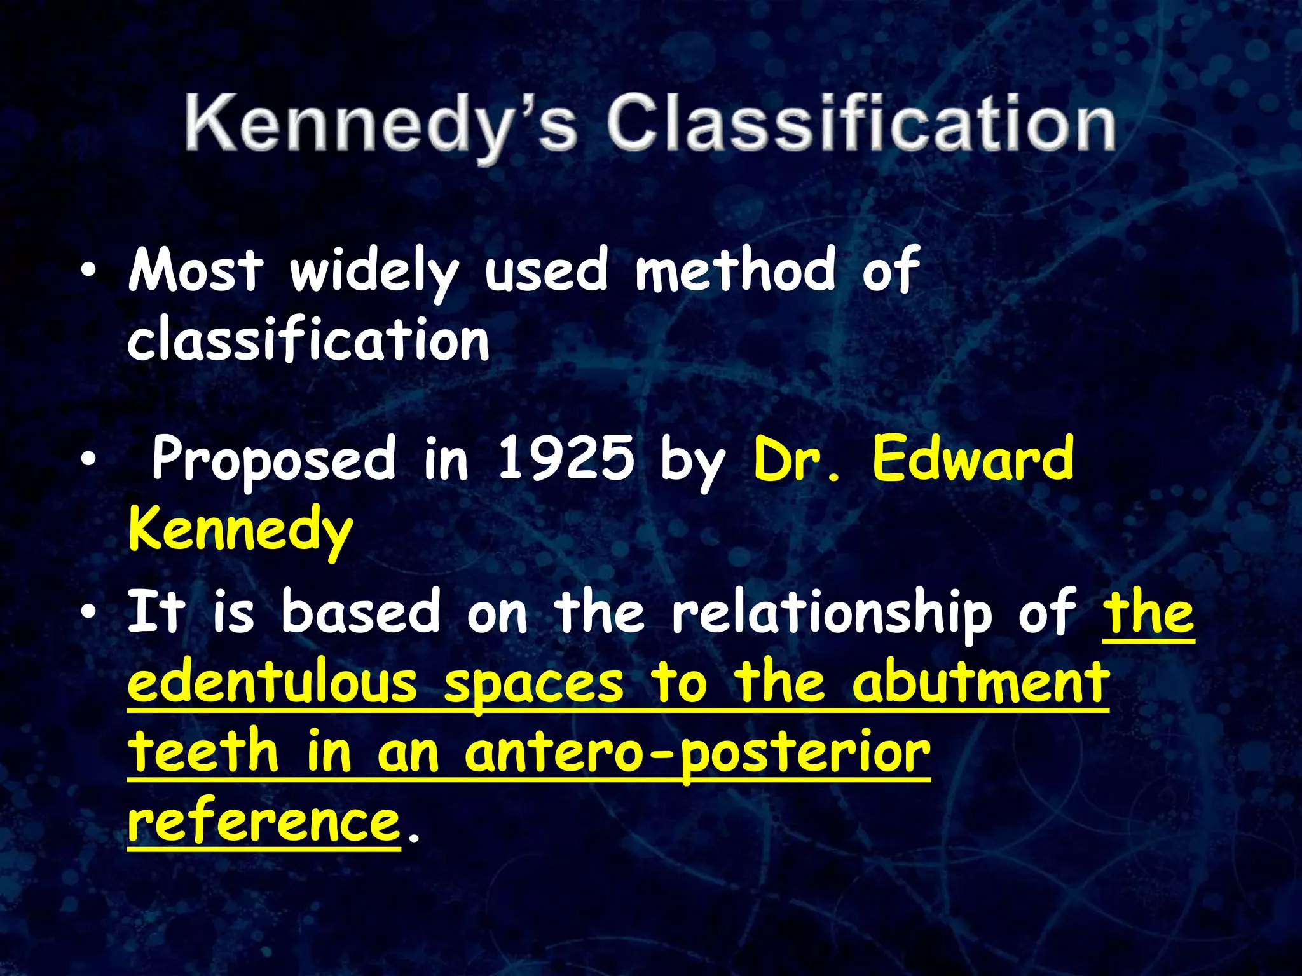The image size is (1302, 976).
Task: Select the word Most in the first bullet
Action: tap(196, 270)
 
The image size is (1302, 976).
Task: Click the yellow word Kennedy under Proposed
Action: tap(240, 531)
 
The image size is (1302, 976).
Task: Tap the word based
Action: tap(360, 611)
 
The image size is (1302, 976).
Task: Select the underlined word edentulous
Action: tap(272, 683)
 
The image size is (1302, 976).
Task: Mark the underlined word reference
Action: tap(264, 823)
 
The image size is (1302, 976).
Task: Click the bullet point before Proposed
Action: tap(88, 459)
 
